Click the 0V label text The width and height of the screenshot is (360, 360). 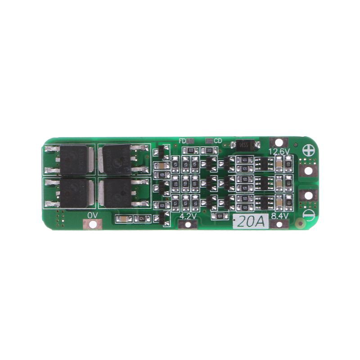click(x=92, y=216)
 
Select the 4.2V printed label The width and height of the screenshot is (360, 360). click(x=188, y=216)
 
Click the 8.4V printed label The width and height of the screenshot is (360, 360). click(x=279, y=216)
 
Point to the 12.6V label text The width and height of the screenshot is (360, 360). click(x=279, y=152)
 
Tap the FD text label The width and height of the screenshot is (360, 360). click(x=182, y=141)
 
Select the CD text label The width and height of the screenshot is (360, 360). click(x=218, y=141)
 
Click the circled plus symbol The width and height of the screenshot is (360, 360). click(x=309, y=150)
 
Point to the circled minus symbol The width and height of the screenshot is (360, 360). click(x=309, y=215)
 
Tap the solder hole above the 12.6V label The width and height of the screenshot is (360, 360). click(x=279, y=142)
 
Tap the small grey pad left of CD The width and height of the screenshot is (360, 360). click(x=209, y=141)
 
